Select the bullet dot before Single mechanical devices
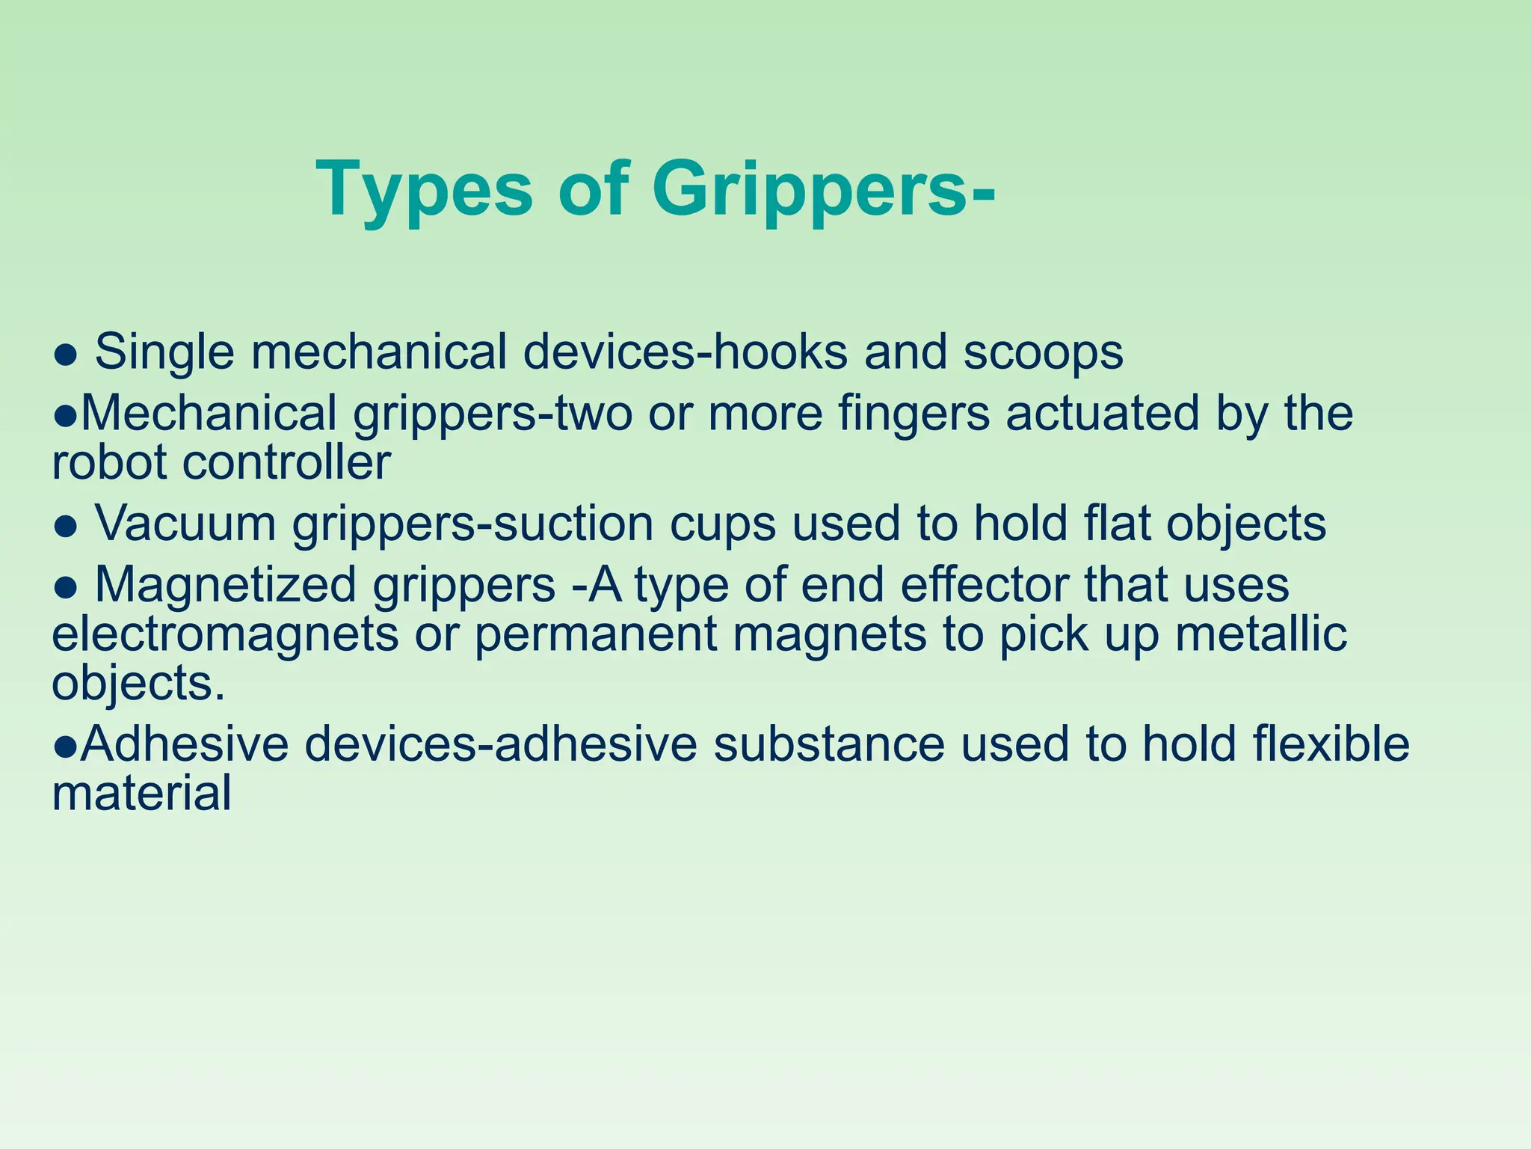click(66, 355)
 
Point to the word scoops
click(1043, 352)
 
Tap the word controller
click(286, 462)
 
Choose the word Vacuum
click(185, 523)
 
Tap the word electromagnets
click(225, 634)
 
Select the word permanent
click(596, 634)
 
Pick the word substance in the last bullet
click(828, 744)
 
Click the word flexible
click(1331, 744)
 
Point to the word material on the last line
click(141, 793)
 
